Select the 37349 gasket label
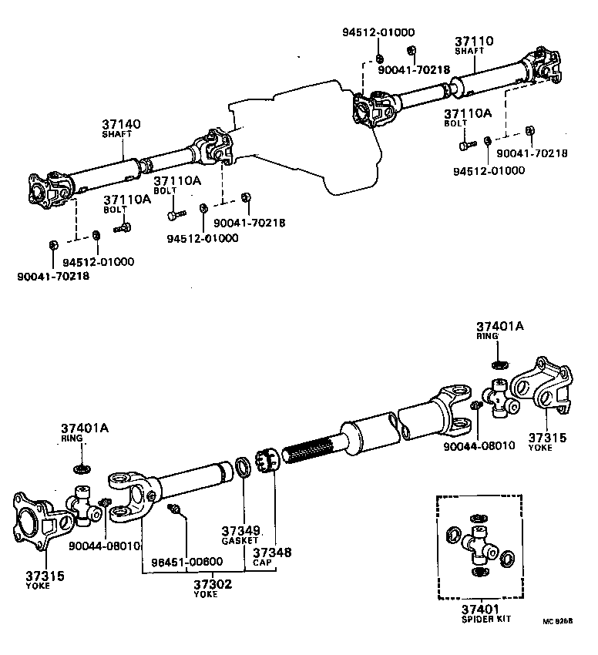[239, 531]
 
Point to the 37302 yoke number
[212, 584]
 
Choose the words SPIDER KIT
[485, 619]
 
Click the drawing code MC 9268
[558, 620]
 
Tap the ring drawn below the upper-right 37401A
[499, 363]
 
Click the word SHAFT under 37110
[469, 52]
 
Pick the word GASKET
[240, 541]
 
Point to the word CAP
[260, 563]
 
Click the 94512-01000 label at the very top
[378, 32]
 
